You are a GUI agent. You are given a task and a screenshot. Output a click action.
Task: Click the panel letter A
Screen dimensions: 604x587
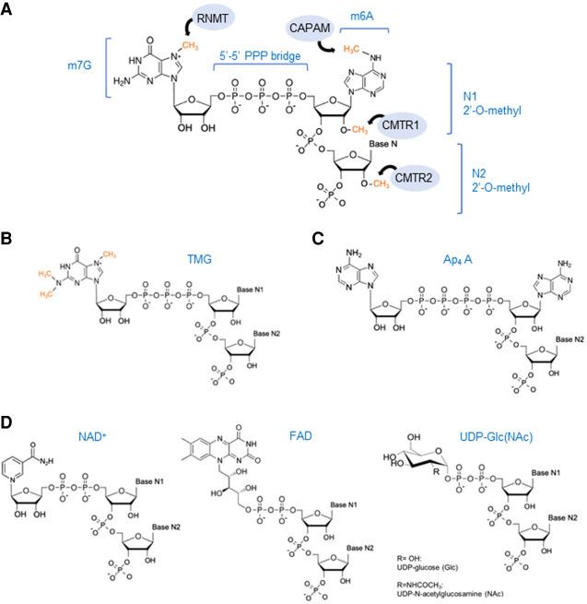pyautogui.click(x=8, y=8)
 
